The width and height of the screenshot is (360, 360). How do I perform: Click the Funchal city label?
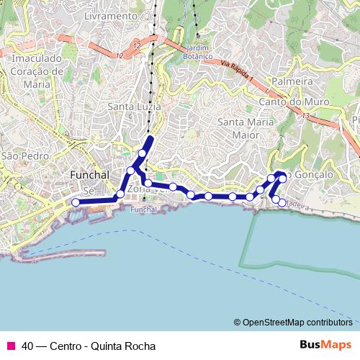point(89,176)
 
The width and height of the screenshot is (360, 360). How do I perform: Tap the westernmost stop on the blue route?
point(76,202)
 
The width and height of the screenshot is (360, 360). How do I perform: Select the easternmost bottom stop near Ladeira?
point(282,202)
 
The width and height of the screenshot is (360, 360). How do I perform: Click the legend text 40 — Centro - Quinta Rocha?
point(89,346)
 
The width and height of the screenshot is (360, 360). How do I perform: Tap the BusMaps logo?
point(325,345)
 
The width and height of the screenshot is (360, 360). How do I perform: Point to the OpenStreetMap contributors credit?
point(297,323)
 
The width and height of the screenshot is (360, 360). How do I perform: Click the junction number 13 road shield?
point(306,115)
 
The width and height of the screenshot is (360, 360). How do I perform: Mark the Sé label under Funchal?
point(89,191)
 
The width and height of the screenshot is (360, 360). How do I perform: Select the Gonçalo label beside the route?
point(314,176)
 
